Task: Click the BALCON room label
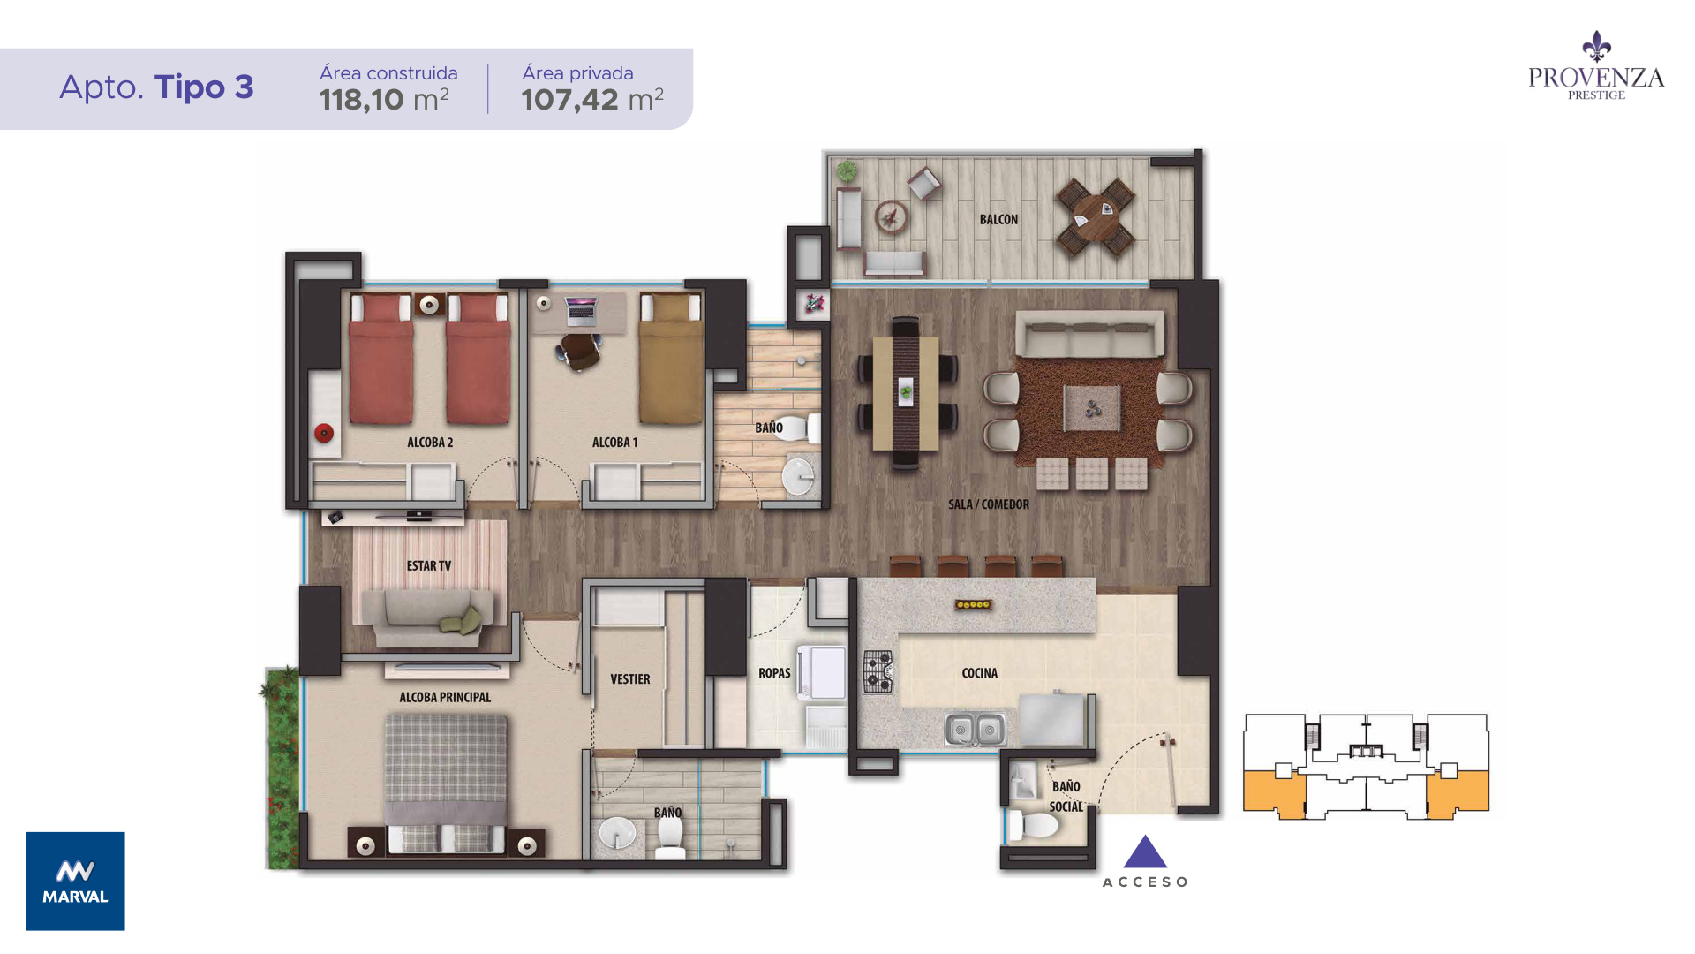tap(998, 219)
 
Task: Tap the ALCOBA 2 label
tap(430, 442)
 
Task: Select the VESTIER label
tap(630, 678)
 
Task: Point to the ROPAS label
tap(774, 672)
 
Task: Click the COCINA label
tap(980, 672)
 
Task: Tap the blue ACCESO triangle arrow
tap(1145, 852)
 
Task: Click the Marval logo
tap(76, 881)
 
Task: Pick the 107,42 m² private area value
tap(592, 99)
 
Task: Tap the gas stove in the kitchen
tap(878, 670)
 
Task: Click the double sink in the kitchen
tap(976, 729)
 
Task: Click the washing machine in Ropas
tap(822, 673)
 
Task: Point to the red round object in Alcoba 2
tap(324, 433)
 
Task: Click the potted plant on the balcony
tap(847, 170)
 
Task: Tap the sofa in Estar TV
tap(429, 617)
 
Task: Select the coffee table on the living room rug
tap(1092, 408)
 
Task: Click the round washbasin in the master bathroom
tap(617, 832)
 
